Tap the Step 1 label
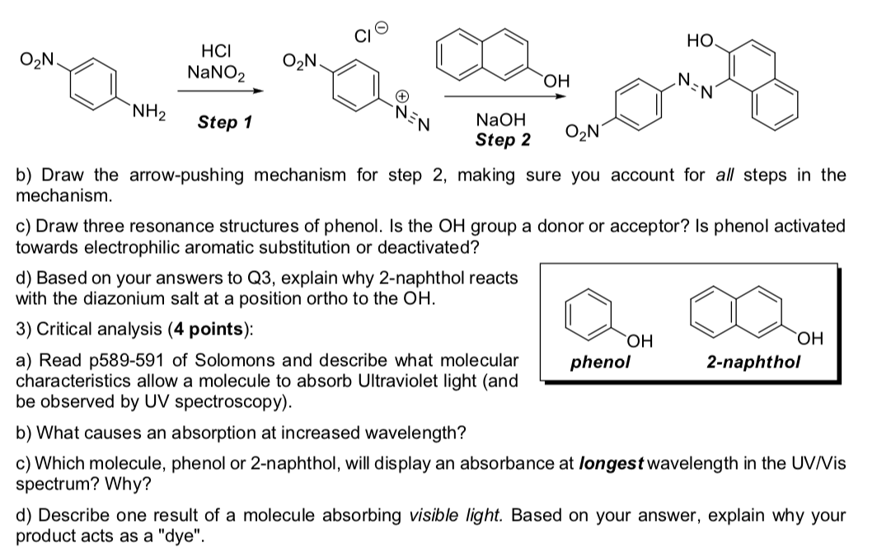point(224,124)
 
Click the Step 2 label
point(503,139)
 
